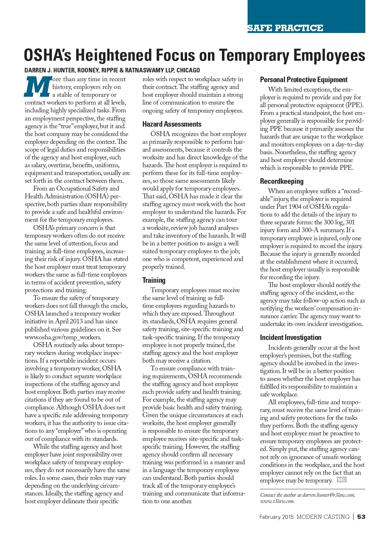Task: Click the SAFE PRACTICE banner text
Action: point(285,28)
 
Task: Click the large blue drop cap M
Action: point(38,87)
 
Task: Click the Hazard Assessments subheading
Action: point(172,124)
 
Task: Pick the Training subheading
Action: point(154,280)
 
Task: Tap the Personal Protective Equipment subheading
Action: point(304,80)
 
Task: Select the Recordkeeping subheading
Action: point(281,181)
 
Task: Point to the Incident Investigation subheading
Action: point(290,337)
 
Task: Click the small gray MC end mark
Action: point(342,480)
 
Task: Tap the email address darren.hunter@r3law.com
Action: point(329,495)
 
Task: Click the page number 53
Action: point(361,517)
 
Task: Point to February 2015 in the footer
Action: point(276,517)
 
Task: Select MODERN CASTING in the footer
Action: point(323,517)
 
